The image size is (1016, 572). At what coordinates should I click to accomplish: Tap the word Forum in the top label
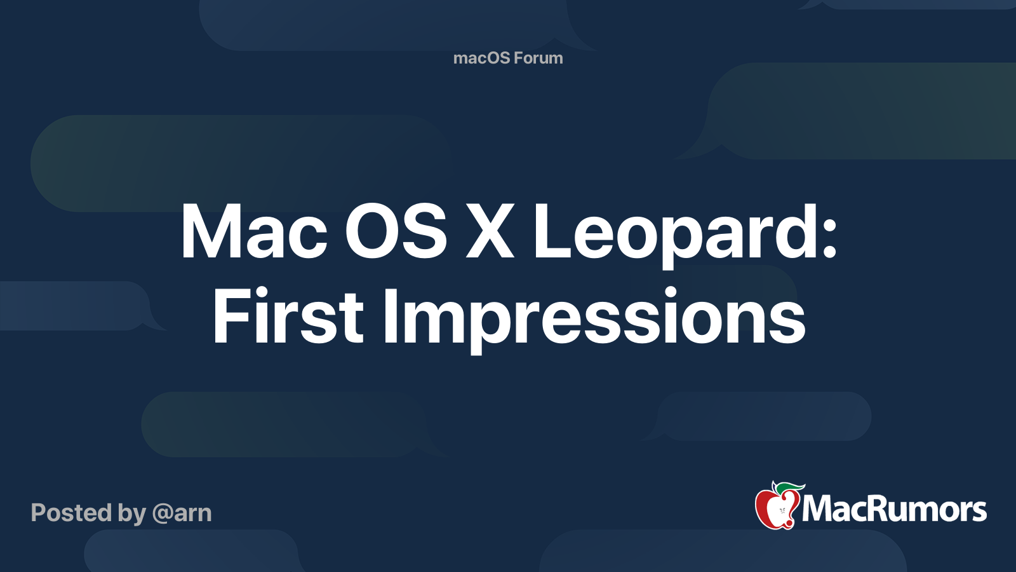[538, 58]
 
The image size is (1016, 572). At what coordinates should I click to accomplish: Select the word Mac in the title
[253, 232]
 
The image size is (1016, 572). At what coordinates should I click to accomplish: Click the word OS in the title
[396, 232]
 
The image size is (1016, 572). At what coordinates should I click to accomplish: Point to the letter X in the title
[490, 232]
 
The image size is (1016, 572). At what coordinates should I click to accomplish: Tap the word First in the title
[288, 317]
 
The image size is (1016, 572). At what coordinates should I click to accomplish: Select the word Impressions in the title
[594, 317]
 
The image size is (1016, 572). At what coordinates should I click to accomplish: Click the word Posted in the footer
[70, 513]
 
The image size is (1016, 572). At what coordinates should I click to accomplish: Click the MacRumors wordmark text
[894, 509]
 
